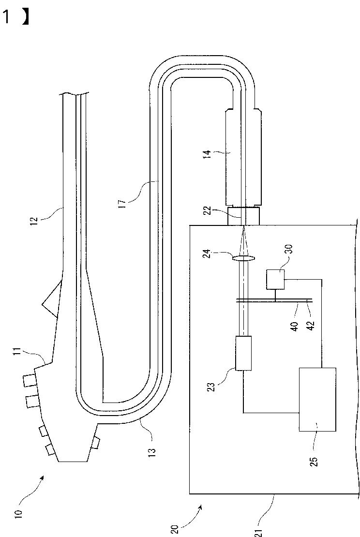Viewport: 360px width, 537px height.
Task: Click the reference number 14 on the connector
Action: (x=208, y=153)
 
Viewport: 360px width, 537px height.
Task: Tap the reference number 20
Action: (x=174, y=529)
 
